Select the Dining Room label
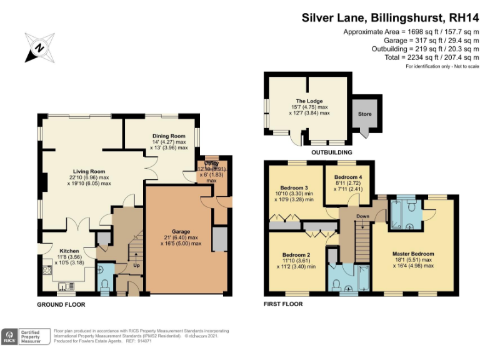169,136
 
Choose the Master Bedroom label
413,254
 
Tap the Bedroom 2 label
296,255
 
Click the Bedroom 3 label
293,188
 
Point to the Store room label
364,114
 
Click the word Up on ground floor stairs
137,265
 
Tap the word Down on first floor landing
362,216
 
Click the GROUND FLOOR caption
61,304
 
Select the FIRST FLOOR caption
283,304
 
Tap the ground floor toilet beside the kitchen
105,284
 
